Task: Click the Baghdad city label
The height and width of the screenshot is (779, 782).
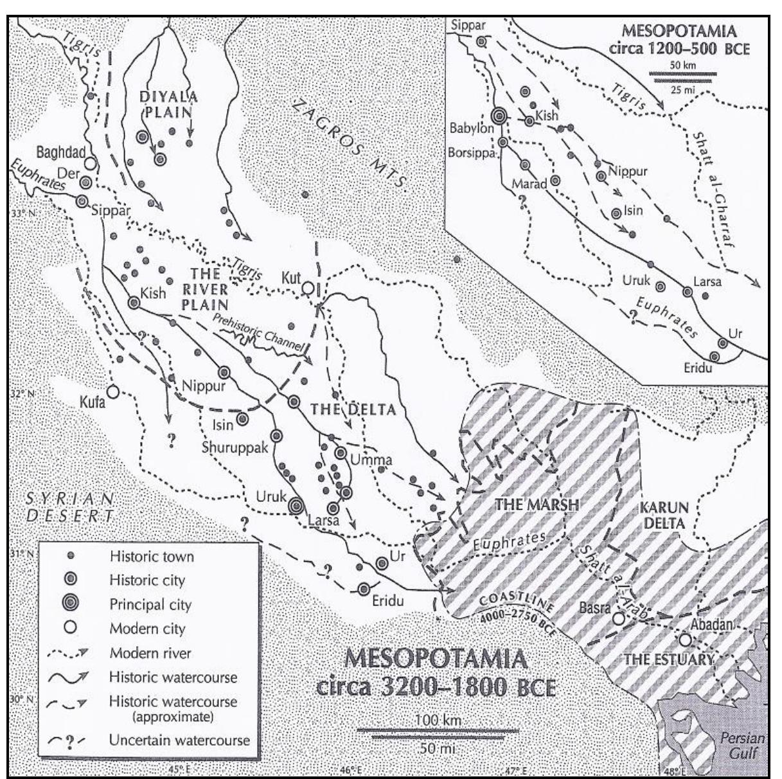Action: click(61, 152)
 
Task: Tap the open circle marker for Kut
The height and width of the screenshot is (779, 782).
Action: click(308, 287)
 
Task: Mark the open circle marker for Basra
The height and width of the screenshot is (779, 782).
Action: click(618, 619)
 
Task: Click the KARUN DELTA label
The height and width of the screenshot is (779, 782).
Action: click(664, 514)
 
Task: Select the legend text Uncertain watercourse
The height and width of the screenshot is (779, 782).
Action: click(179, 740)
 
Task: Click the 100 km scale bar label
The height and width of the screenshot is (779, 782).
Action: click(438, 721)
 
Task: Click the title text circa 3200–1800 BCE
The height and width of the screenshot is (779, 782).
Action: click(436, 686)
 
